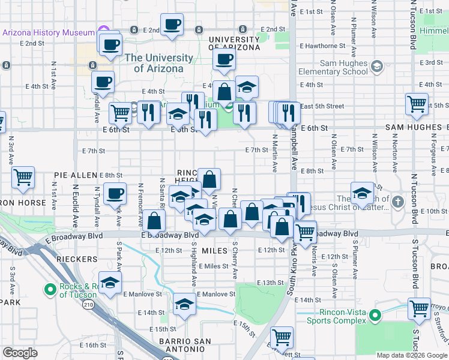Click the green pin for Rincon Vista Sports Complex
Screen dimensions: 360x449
(375, 315)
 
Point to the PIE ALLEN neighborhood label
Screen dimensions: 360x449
(75, 175)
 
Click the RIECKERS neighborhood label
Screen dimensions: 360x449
(77, 259)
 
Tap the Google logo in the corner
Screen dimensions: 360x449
(20, 353)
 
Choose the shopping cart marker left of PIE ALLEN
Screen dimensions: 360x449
(23, 177)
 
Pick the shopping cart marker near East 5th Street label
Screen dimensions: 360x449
(417, 104)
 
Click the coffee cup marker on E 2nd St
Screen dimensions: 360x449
(172, 25)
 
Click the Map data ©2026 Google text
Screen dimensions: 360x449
(411, 355)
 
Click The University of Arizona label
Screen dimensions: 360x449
(159, 63)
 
